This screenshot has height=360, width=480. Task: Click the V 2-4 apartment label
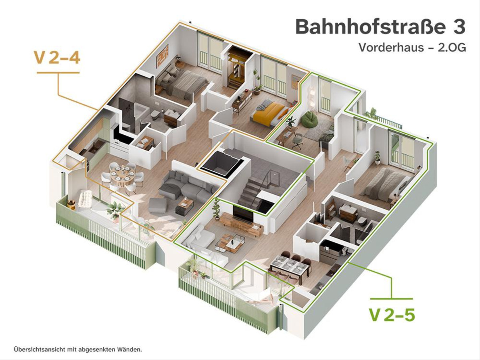tap(57, 58)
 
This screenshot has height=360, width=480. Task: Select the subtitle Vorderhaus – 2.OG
tap(412, 48)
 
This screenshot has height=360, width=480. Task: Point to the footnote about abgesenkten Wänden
tap(78, 350)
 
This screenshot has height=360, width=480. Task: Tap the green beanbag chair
tap(308, 119)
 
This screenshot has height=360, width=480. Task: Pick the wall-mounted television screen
tap(243, 214)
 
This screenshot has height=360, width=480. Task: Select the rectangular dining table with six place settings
tap(289, 266)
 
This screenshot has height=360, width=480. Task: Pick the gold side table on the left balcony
tap(71, 204)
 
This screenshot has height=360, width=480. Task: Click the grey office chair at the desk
tap(298, 140)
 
